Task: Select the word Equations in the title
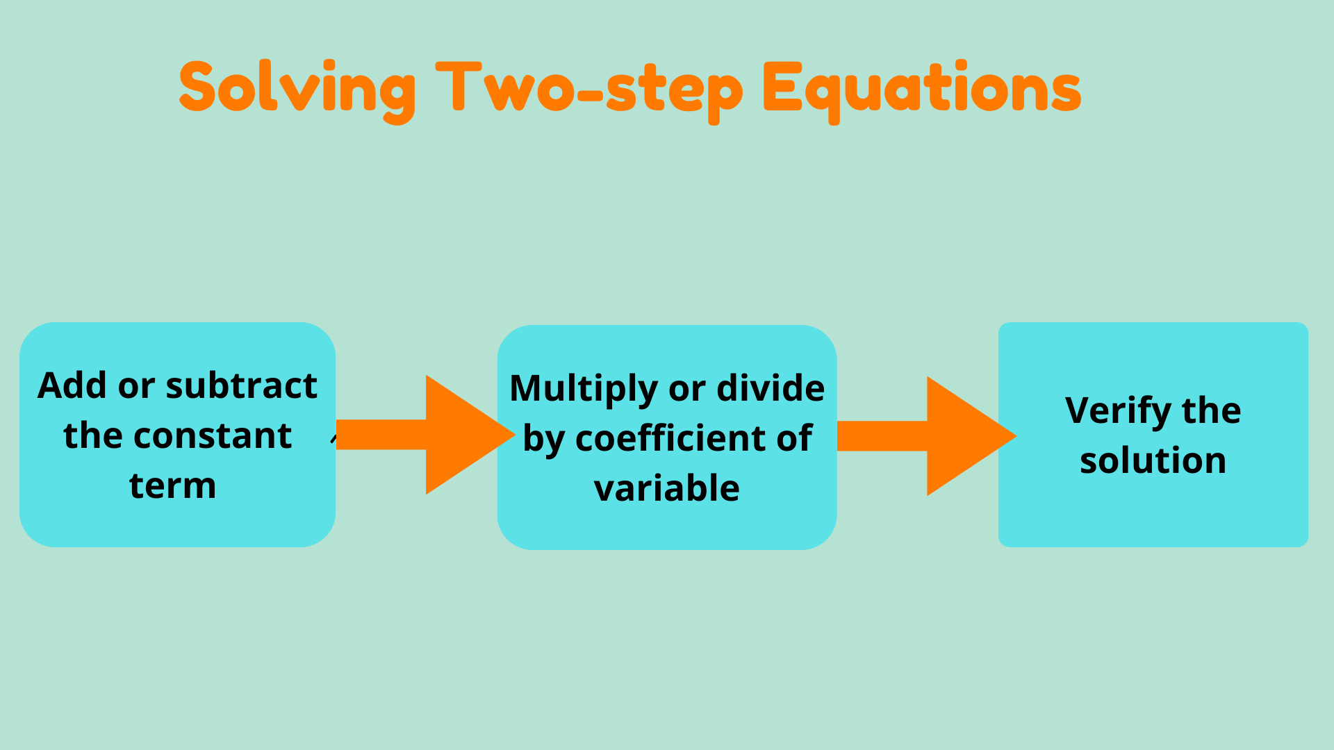point(921,89)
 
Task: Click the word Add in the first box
point(73,385)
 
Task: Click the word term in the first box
point(172,485)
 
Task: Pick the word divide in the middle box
point(771,388)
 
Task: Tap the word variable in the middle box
point(666,488)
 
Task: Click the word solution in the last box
point(1153,460)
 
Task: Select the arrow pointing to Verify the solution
point(927,436)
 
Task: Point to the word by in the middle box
point(543,440)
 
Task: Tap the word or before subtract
point(136,386)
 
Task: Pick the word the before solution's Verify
point(1211,410)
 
